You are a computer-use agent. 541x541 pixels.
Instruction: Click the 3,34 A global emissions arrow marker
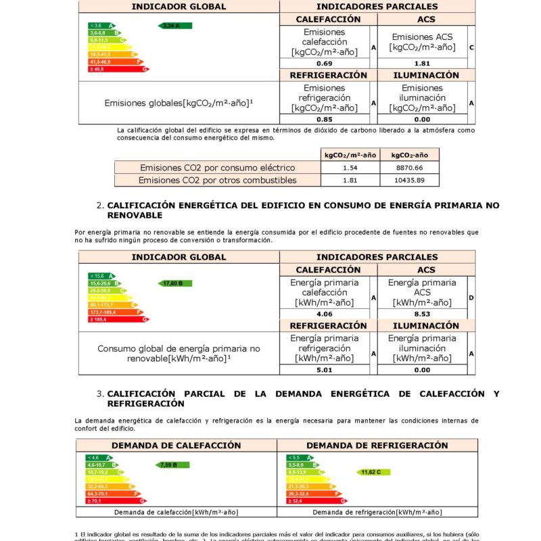tap(174, 26)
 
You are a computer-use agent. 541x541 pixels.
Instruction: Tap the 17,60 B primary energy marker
tap(174, 283)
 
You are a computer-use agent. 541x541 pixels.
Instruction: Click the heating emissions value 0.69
tap(324, 64)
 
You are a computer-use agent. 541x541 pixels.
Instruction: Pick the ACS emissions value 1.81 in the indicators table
tap(422, 64)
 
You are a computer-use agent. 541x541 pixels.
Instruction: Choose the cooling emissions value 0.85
tap(324, 119)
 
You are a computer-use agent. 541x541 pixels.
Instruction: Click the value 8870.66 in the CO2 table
tap(410, 167)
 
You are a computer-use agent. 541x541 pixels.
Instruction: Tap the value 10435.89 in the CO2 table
tap(410, 181)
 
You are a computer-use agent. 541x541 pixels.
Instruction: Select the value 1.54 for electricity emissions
tap(350, 167)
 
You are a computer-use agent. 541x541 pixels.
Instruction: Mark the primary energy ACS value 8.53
tap(422, 314)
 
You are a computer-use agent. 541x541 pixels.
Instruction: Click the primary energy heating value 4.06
tap(324, 314)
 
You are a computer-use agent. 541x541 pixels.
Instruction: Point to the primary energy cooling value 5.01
tap(324, 370)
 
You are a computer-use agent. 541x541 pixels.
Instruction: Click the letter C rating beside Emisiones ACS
tap(471, 47)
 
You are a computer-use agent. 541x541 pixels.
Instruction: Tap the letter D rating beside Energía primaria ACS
tap(471, 298)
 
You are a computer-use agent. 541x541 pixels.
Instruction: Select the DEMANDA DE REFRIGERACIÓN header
tap(377, 446)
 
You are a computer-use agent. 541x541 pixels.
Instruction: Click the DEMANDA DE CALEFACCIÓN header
tap(176, 446)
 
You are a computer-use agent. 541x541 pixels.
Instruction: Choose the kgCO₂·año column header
tap(410, 154)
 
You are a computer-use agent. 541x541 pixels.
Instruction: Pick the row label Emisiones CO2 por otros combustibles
tap(217, 181)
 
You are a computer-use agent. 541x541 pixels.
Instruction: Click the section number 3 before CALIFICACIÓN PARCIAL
tap(99, 394)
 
